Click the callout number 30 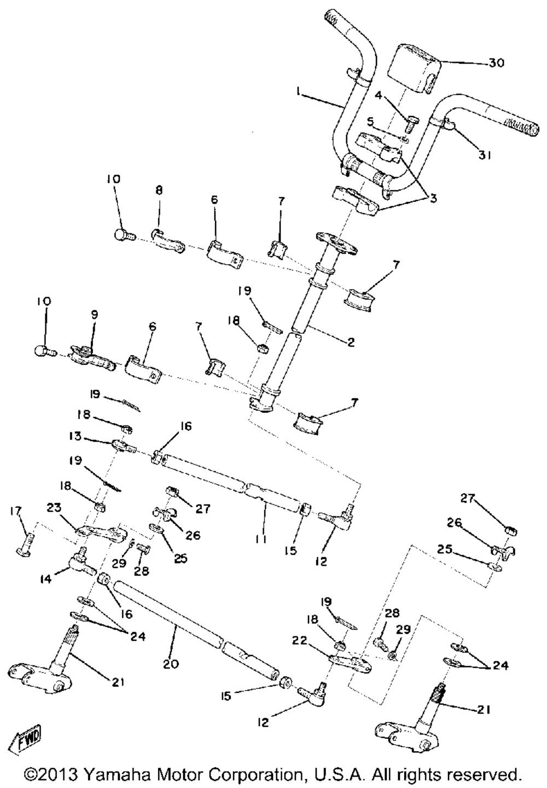coord(497,63)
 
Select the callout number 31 coord(484,155)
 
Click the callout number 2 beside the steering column coord(351,343)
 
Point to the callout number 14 coord(45,578)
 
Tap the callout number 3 coord(433,199)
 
